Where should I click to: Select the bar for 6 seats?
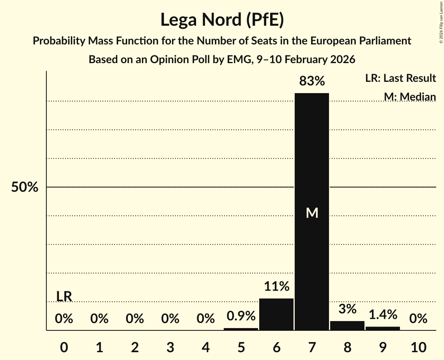(x=276, y=314)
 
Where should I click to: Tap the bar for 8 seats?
(x=347, y=326)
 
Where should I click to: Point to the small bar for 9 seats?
(x=382, y=328)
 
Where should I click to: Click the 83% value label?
(x=311, y=81)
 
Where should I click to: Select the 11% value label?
(x=276, y=287)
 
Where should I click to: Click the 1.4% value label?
(x=382, y=314)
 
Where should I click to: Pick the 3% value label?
(x=347, y=309)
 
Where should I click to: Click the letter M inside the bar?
(x=312, y=213)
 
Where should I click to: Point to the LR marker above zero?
(x=64, y=296)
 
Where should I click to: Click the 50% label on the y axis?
(x=25, y=187)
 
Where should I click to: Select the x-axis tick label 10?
(x=418, y=347)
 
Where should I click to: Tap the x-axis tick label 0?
(x=64, y=347)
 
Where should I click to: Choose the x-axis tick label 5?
(x=241, y=347)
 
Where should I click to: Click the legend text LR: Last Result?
(x=400, y=78)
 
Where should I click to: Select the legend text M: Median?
(x=410, y=97)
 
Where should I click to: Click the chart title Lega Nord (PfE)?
(x=222, y=19)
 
